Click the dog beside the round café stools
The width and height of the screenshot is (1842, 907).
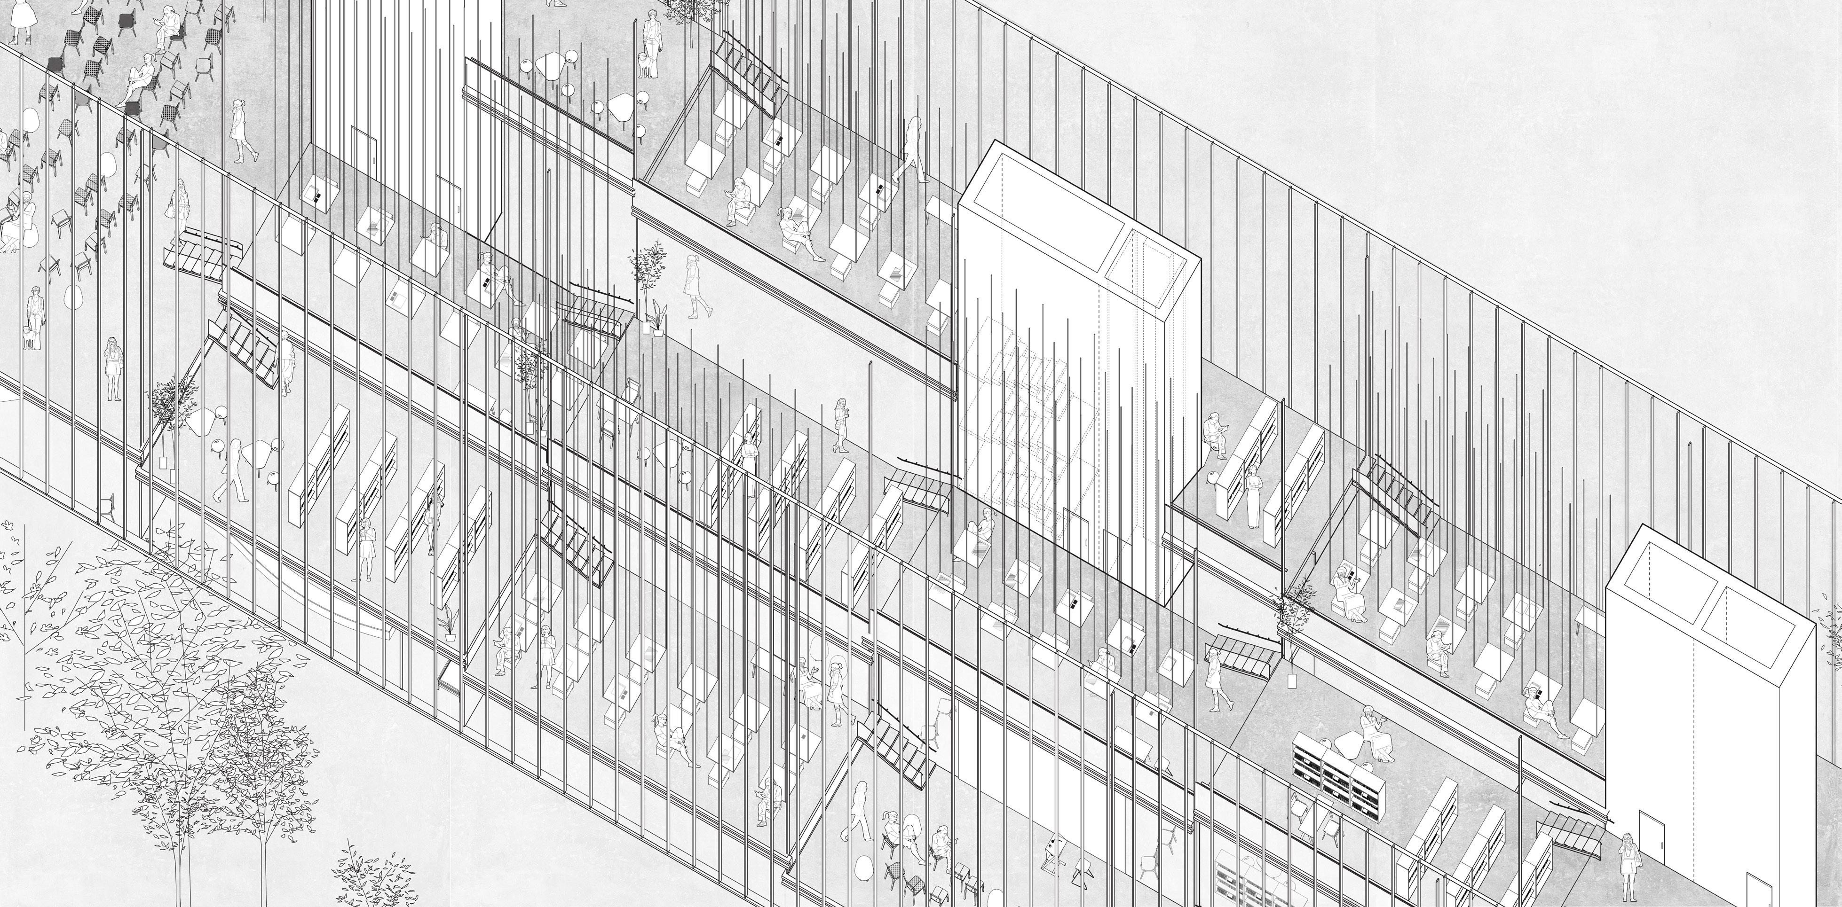point(647,64)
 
